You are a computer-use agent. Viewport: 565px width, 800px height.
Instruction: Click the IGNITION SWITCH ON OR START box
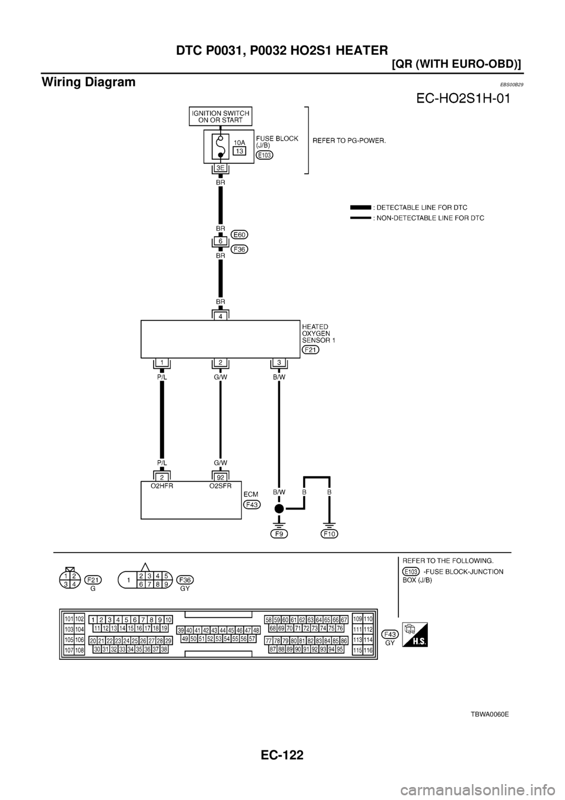coord(220,116)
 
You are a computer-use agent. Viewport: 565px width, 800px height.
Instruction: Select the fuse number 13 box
coord(238,151)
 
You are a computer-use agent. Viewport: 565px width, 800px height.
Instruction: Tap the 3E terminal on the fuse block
coord(220,168)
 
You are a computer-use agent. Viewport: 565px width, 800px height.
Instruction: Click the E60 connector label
coord(240,234)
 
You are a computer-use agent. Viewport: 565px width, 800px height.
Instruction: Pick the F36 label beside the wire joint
coord(240,249)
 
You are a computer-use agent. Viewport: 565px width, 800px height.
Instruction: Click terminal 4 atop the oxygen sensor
coord(220,316)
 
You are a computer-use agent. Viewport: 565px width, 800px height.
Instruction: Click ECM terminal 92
coord(220,477)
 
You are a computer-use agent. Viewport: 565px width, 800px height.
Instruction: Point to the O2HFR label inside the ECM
coord(161,487)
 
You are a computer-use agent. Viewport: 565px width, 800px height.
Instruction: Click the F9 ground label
coord(279,534)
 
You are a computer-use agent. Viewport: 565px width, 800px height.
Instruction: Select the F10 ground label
coord(330,534)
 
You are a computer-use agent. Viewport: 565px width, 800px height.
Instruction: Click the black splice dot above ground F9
coord(279,508)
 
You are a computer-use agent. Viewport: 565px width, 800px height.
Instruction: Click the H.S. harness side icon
coord(415,635)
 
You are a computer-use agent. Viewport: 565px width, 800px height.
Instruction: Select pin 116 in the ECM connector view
coord(368,650)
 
